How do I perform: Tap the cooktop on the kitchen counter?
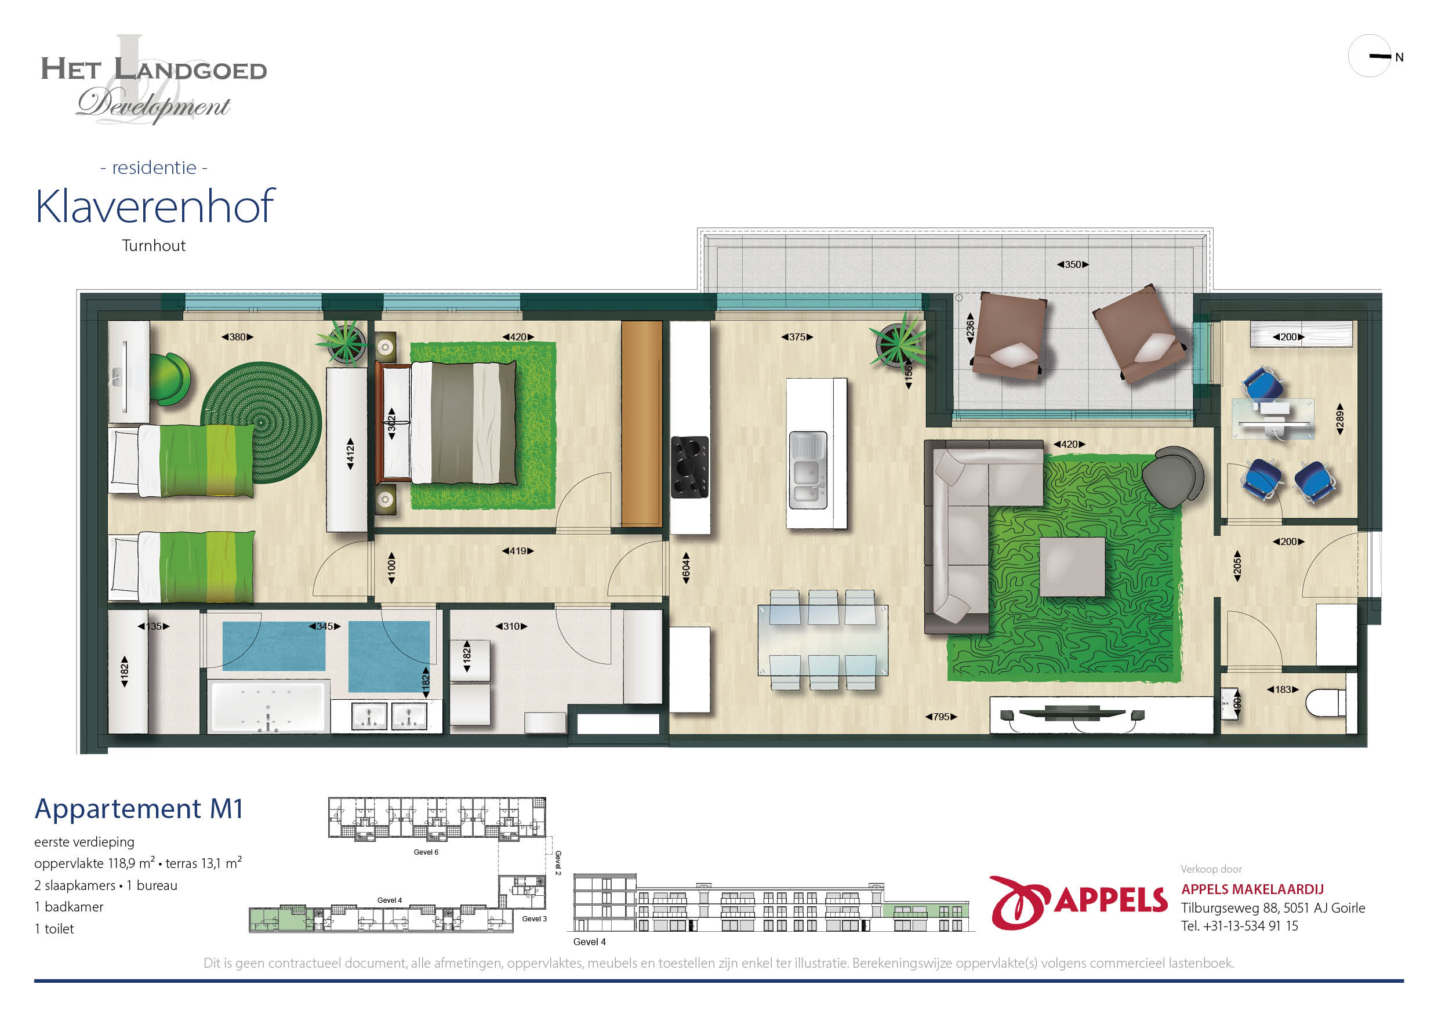click(689, 467)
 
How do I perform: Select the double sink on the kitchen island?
click(808, 470)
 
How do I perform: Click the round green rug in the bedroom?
click(261, 423)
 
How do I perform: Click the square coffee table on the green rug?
click(1072, 566)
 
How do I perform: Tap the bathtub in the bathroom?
click(268, 706)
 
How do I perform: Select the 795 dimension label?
click(940, 717)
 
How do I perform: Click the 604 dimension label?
click(686, 568)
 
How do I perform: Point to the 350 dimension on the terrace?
click(1073, 264)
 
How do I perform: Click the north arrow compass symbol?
click(1370, 56)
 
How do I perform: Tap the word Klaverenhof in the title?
click(155, 206)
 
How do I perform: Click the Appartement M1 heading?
click(139, 808)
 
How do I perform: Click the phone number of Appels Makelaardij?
click(1240, 925)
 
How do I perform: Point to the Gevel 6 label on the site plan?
click(426, 852)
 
